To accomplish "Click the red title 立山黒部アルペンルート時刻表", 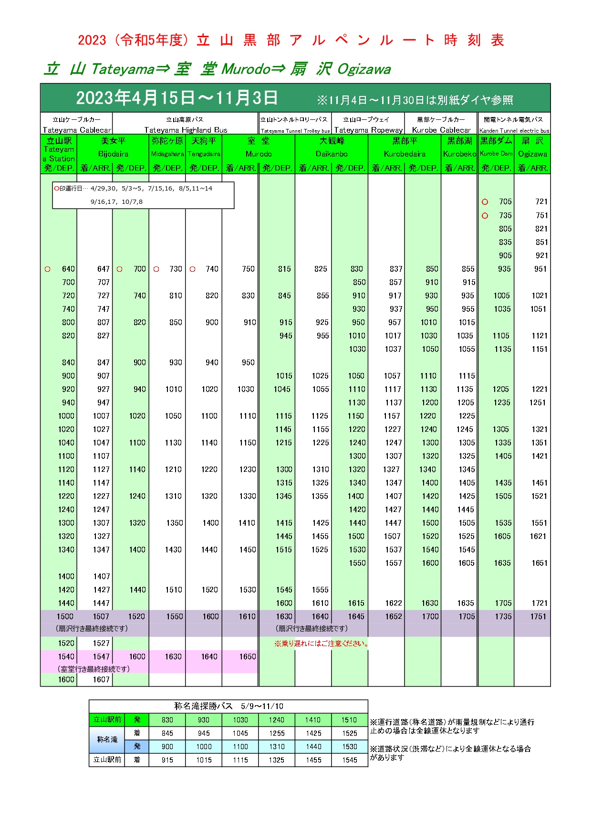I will [x=291, y=40].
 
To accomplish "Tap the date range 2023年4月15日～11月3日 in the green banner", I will [x=177, y=98].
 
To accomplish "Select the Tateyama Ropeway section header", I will [x=368, y=125].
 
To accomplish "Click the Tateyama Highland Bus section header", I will [x=186, y=125].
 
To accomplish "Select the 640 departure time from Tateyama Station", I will [x=68, y=269].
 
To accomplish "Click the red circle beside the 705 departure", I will [x=485, y=202].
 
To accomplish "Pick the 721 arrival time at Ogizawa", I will [x=541, y=202].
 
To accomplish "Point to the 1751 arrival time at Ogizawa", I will [x=538, y=617].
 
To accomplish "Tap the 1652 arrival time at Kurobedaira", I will [x=394, y=617].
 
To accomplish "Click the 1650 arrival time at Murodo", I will [x=248, y=657].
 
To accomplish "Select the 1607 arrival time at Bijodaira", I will [x=101, y=680].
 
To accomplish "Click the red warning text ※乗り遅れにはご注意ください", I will [x=322, y=644].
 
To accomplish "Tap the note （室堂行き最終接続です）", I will [x=93, y=669].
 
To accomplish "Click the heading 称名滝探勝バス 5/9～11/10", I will [x=228, y=706].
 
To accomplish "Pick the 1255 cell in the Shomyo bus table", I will [x=277, y=733].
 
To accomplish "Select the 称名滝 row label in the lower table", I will [x=107, y=740].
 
